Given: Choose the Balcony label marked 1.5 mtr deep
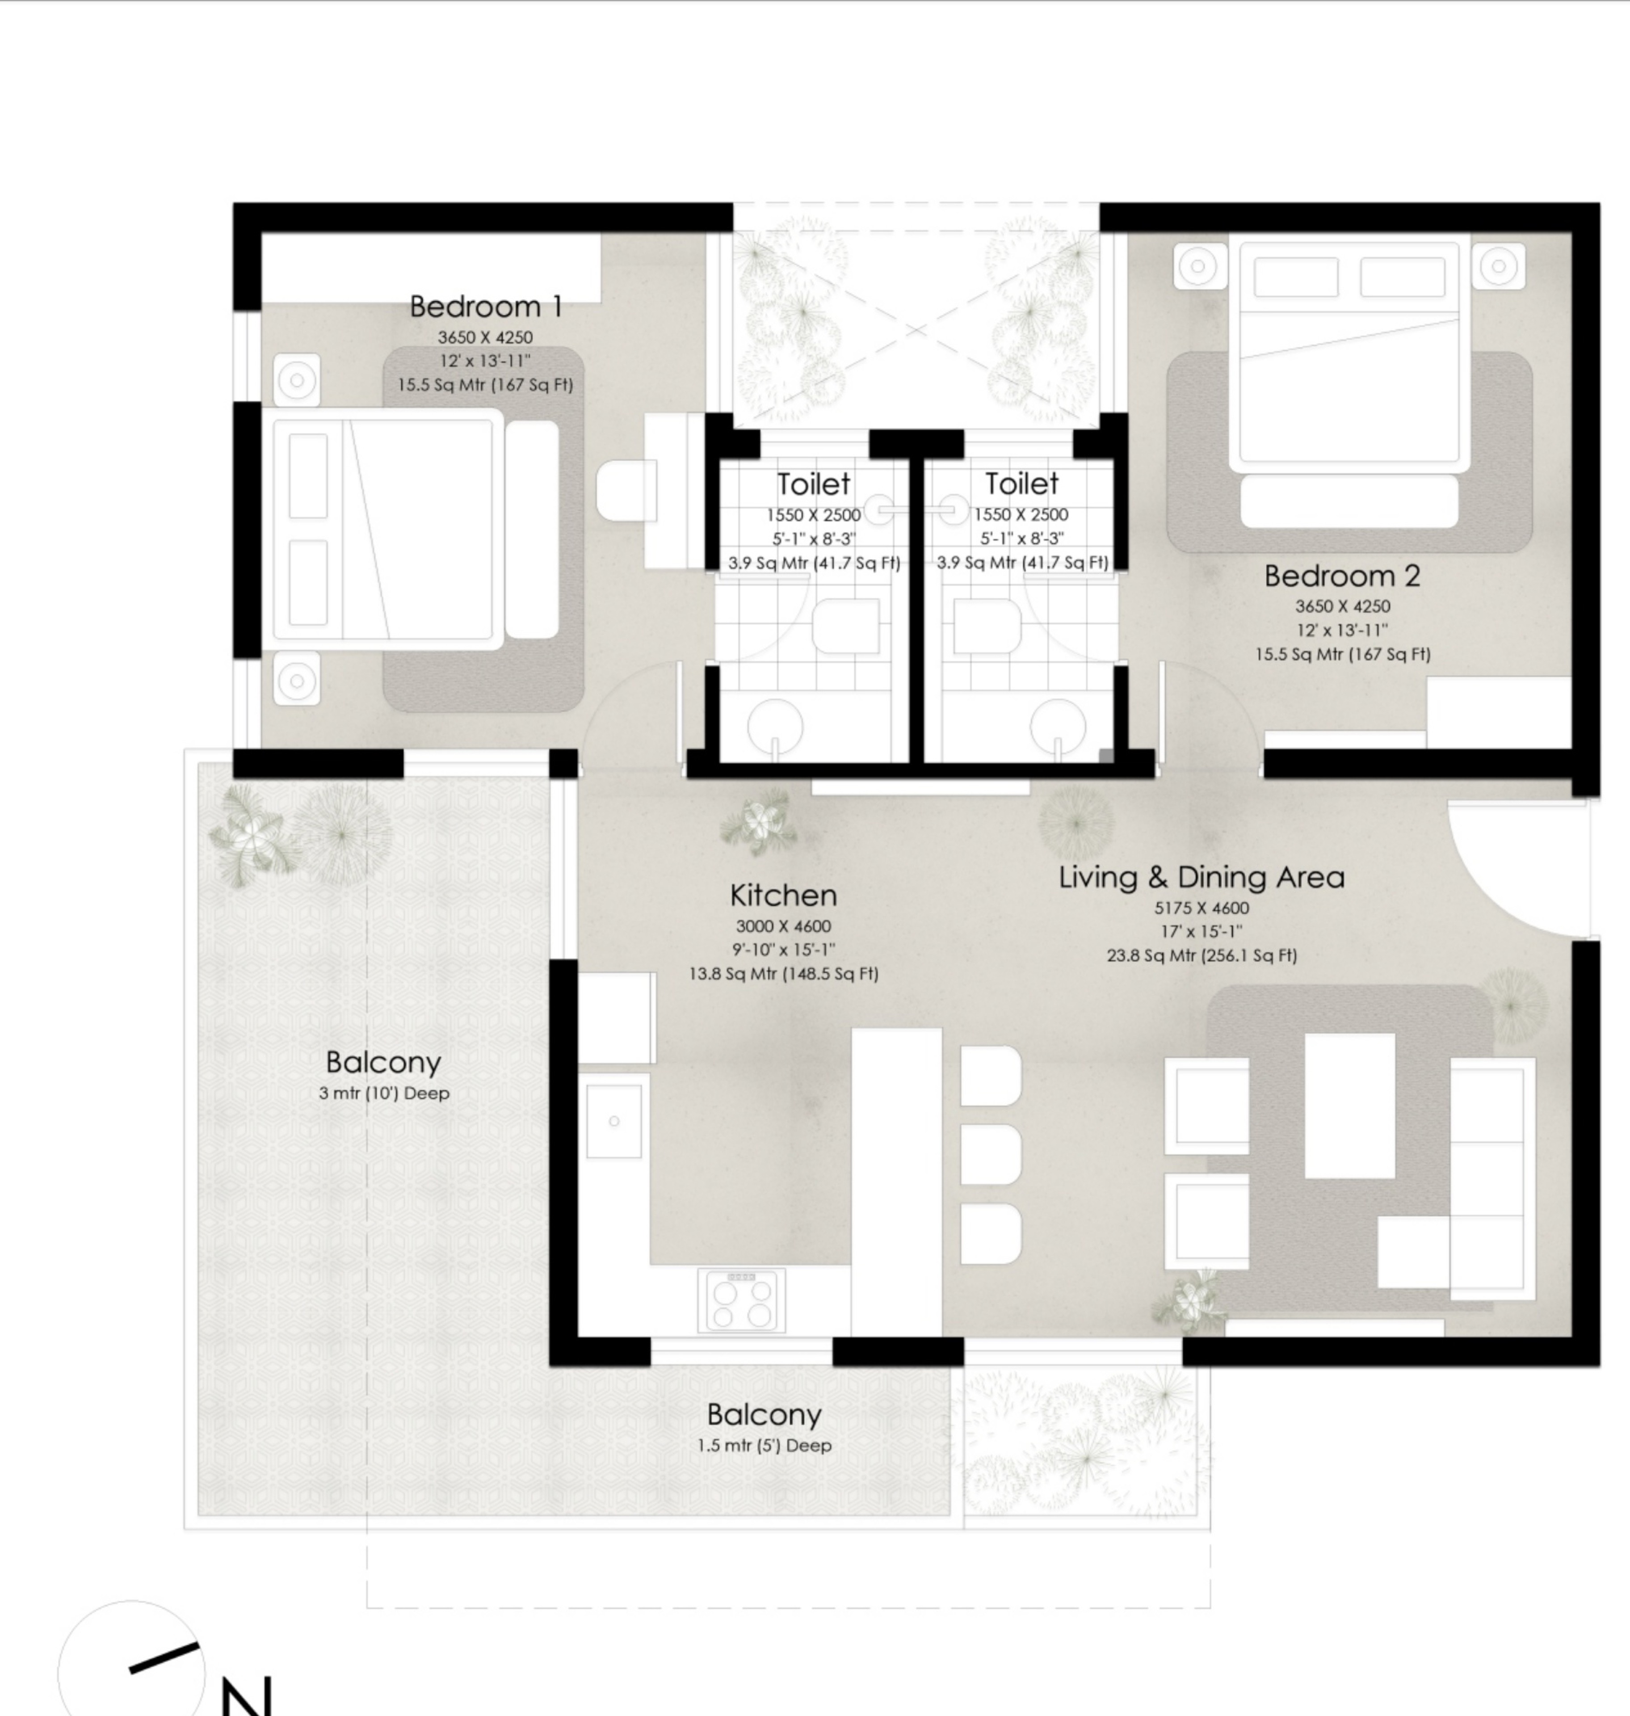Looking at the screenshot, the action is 764,1414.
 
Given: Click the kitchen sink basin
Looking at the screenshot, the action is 613,1121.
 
